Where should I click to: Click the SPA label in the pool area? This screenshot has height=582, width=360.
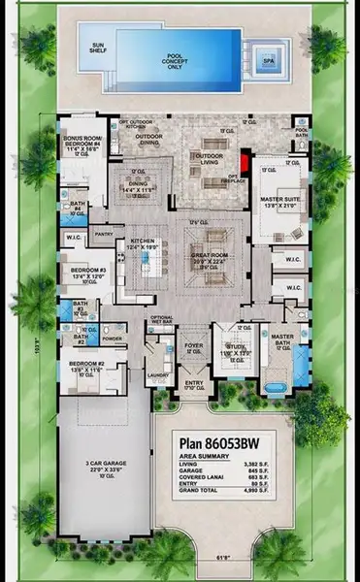point(269,60)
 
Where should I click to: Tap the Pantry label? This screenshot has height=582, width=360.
point(105,233)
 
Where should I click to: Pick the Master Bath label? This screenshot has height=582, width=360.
point(282,337)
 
